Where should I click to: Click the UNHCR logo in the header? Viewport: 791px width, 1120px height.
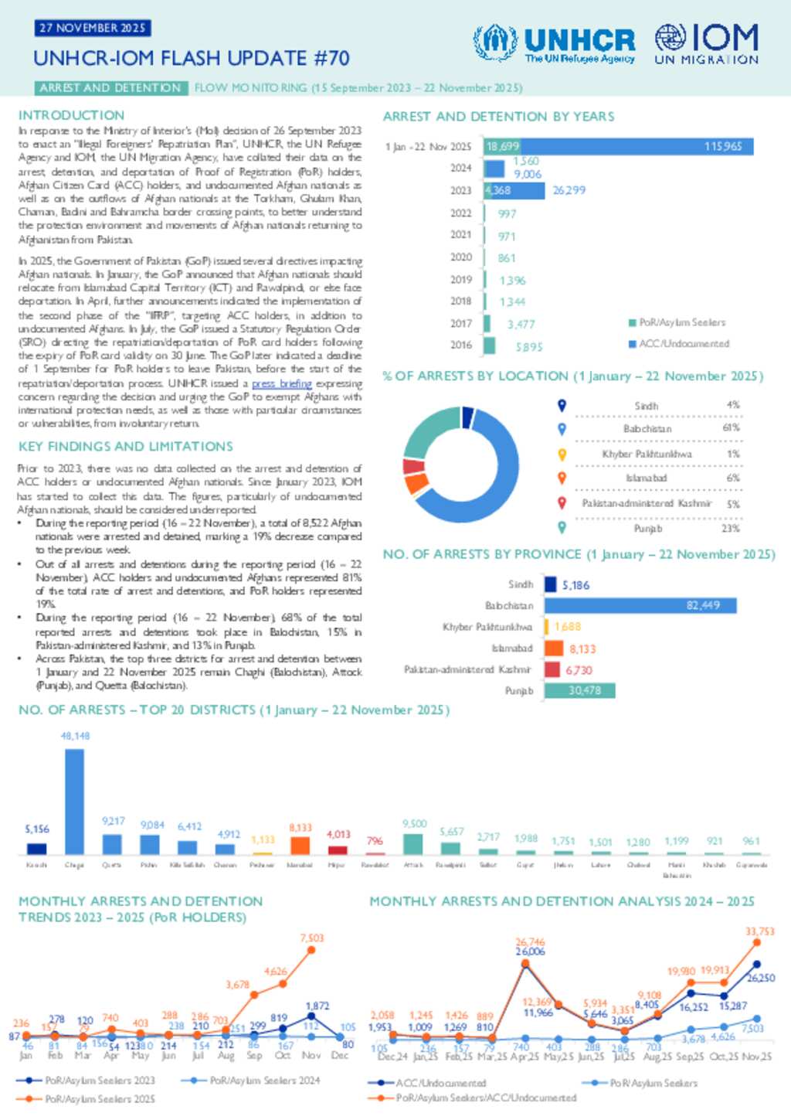pos(554,43)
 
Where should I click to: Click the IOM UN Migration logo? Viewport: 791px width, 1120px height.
pos(706,43)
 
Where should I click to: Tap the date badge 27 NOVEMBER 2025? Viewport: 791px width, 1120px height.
pos(92,28)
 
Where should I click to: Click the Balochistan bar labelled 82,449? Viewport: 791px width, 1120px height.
pos(640,605)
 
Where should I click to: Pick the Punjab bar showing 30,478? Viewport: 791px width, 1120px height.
pos(579,690)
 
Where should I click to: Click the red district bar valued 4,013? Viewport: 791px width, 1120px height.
pos(337,849)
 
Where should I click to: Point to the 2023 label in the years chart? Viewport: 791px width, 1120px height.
pos(460,190)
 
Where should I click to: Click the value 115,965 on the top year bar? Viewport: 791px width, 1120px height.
pos(722,146)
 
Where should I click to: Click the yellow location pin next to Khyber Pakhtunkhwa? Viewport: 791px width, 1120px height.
pos(562,454)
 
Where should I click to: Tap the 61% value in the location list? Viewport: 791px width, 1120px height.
pos(731,428)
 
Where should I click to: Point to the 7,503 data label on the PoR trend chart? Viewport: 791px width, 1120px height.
pos(312,938)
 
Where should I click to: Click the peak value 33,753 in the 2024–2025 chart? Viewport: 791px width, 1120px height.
pos(759,931)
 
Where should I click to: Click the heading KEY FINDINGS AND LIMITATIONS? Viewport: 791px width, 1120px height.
pos(126,447)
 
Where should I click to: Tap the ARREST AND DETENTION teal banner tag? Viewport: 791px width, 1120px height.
pos(110,88)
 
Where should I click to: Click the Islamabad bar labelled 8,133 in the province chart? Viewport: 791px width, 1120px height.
pos(554,649)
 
